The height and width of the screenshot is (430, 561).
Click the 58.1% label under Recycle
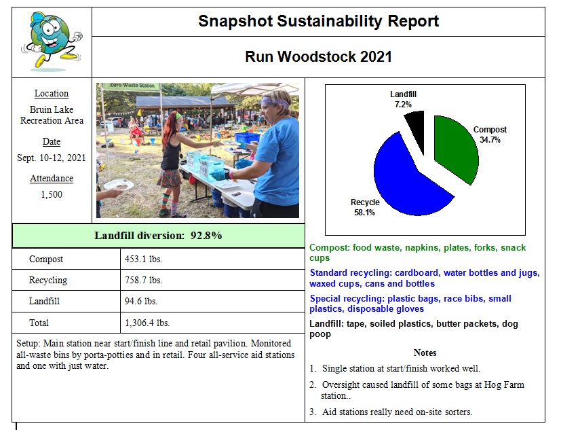364,212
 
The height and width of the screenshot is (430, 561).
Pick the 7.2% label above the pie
405,105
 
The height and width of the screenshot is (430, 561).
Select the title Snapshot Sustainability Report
318,21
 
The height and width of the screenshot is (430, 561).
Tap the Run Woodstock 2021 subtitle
318,56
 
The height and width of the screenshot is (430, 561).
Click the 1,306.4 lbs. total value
147,323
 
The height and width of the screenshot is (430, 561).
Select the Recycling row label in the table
48,280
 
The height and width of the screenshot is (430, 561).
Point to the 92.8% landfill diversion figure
207,236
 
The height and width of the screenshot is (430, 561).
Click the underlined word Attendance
52,179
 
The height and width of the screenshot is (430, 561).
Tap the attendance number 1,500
52,194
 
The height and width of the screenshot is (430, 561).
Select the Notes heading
425,353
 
